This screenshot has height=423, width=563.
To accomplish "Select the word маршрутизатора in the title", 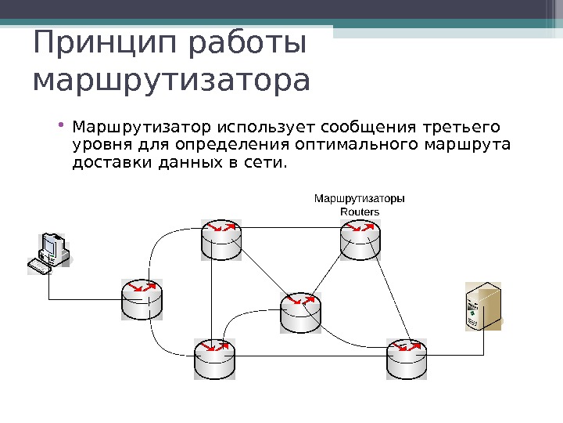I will tap(172, 81).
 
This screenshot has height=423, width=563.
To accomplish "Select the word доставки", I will tap(104, 163).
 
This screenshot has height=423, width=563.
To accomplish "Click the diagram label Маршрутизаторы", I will tap(360, 198).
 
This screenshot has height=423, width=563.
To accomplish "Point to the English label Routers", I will tap(360, 211).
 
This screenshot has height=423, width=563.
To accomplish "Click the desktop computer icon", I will tap(48, 252).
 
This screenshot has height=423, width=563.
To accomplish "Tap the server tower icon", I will tap(480, 305).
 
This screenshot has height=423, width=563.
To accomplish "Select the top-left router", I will tap(221, 239).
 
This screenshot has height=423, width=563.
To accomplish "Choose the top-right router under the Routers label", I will tap(360, 239).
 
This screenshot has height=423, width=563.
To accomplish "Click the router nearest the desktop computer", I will tap(142, 298).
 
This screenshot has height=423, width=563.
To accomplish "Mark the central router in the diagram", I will tap(300, 312).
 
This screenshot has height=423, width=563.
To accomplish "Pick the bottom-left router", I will tap(213, 359).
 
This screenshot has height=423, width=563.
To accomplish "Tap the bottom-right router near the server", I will tap(407, 359).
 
